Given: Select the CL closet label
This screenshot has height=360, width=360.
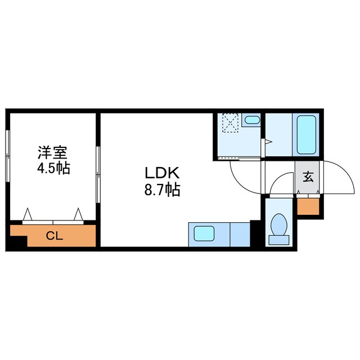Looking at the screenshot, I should pyautogui.click(x=54, y=236).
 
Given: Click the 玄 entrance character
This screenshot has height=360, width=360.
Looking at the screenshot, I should pyautogui.click(x=308, y=177).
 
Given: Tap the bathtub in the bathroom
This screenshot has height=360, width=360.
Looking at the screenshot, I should pyautogui.click(x=307, y=136).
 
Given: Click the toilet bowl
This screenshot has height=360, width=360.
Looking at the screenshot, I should pyautogui.click(x=278, y=226).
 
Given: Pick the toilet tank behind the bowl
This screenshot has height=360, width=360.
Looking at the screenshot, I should pyautogui.click(x=279, y=239).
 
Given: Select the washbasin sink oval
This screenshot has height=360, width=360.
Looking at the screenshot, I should pyautogui.click(x=252, y=120).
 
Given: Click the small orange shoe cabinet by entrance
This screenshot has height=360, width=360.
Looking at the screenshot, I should pyautogui.click(x=308, y=206).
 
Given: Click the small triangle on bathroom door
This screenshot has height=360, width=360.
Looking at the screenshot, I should pyautogui.click(x=269, y=142).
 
